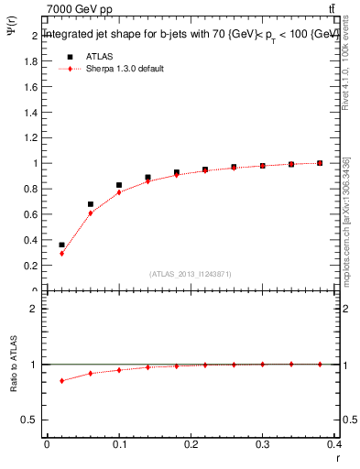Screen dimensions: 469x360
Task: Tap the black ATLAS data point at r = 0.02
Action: click(x=61, y=245)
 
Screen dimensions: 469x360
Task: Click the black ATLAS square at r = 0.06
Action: click(x=91, y=204)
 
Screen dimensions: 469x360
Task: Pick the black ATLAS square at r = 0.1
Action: click(x=119, y=185)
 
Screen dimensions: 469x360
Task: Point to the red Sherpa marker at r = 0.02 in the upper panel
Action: click(x=61, y=253)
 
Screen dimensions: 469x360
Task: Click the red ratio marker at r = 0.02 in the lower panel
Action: click(x=61, y=381)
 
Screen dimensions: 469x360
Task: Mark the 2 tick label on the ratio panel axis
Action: click(x=35, y=309)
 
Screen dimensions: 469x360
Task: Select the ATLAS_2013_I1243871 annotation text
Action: click(x=191, y=274)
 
